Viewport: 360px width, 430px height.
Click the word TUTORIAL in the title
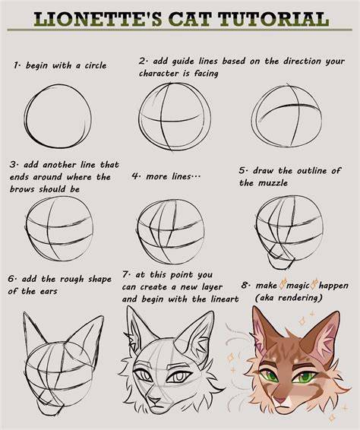pyautogui.click(x=273, y=19)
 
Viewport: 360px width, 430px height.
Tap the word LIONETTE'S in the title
pyautogui.click(x=98, y=19)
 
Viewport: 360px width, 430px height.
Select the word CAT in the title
pyautogui.click(x=190, y=19)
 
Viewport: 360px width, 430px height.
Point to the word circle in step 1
pyautogui.click(x=96, y=65)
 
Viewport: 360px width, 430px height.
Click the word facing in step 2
pyautogui.click(x=206, y=74)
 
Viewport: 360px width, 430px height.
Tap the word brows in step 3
pyautogui.click(x=23, y=189)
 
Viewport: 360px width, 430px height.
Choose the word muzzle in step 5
pyautogui.click(x=273, y=183)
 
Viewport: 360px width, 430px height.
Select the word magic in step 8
pyautogui.click(x=298, y=286)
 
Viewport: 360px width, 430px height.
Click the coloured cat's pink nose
pyautogui.click(x=280, y=400)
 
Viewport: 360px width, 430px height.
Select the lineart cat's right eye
pyautogui.click(x=178, y=377)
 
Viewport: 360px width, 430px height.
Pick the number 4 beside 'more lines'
pyautogui.click(x=135, y=175)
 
